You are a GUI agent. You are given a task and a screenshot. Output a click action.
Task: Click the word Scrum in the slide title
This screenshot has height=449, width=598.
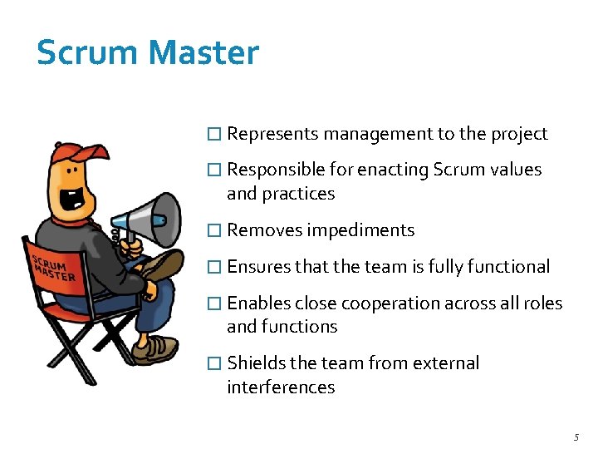click(88, 53)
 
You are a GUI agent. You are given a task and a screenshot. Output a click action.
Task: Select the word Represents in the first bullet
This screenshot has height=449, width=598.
click(272, 134)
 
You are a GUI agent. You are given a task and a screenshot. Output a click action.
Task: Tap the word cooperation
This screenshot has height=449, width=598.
click(388, 303)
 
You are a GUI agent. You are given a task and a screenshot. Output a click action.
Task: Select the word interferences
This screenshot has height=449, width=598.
click(281, 387)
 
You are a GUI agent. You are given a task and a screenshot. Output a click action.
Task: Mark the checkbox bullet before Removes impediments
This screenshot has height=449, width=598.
click(214, 231)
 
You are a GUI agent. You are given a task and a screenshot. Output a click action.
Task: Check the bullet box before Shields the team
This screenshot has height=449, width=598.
click(214, 364)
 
